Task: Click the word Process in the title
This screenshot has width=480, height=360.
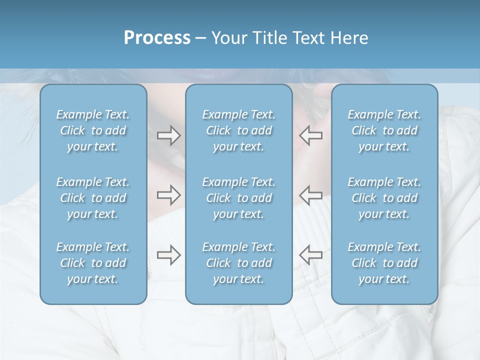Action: point(157,38)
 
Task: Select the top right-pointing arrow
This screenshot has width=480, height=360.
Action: point(168,135)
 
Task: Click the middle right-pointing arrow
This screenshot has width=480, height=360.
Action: point(168,194)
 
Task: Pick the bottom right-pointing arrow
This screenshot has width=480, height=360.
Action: point(168,254)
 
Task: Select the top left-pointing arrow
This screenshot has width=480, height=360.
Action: point(310,135)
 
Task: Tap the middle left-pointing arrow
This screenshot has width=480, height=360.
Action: point(310,194)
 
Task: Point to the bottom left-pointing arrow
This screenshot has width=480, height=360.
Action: point(310,254)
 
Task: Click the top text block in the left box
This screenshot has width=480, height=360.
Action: point(93,130)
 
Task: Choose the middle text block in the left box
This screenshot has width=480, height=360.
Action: point(93,198)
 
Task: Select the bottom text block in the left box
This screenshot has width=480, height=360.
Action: point(93,263)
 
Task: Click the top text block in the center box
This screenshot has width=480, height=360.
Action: point(238,130)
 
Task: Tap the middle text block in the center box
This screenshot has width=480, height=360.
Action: point(238,198)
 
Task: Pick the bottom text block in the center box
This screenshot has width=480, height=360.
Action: point(238,263)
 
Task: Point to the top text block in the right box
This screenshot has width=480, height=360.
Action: point(384,130)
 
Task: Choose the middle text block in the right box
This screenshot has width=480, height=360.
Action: point(384,198)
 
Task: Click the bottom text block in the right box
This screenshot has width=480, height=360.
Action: point(384,263)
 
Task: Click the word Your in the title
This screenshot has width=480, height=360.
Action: point(228,38)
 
